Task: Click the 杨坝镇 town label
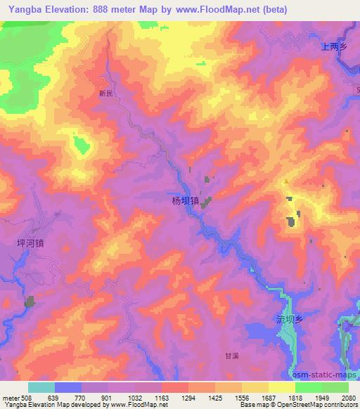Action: click(x=186, y=200)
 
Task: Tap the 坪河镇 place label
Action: click(x=30, y=243)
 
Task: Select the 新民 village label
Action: click(x=105, y=92)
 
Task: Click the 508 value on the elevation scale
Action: click(x=27, y=398)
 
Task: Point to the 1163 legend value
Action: click(x=161, y=398)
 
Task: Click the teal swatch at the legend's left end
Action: click(x=41, y=387)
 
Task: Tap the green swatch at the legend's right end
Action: click(x=335, y=387)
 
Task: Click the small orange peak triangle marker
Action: click(x=285, y=182)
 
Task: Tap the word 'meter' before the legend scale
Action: click(x=8, y=398)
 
